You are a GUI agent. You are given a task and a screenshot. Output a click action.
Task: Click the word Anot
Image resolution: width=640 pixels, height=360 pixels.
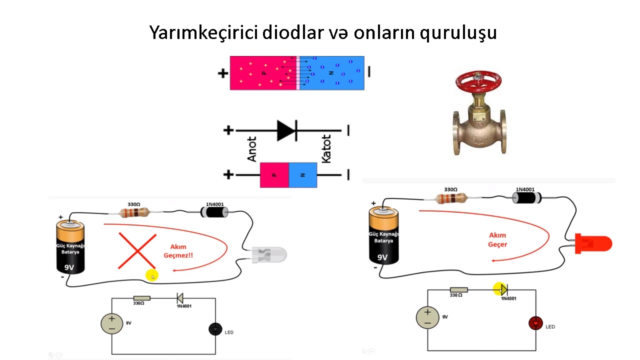coord(252,149)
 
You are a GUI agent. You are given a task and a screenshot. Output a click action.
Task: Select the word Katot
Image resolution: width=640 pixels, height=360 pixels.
coord(326,148)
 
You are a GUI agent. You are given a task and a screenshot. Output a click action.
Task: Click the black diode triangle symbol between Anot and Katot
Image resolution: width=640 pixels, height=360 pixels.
coord(286,130)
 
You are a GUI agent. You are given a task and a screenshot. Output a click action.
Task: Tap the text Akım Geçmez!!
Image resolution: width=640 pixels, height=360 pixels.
coord(178,251)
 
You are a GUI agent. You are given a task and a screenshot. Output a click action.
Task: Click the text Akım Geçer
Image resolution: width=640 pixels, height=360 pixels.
coord(497,239)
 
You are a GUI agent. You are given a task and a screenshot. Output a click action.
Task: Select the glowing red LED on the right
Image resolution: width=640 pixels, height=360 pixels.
coord(595,243)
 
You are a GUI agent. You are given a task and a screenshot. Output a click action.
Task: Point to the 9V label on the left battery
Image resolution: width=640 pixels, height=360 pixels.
coord(69,267)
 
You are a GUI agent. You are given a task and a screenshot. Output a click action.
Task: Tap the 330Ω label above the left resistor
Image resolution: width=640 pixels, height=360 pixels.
coord(133,204)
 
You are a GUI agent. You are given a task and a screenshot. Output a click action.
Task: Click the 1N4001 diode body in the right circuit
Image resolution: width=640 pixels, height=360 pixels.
coord(525,198)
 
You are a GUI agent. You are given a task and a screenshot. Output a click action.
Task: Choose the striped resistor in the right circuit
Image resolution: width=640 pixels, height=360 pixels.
coord(451,198)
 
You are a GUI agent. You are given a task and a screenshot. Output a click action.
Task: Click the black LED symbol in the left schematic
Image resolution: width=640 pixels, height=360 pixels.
coord(215,329)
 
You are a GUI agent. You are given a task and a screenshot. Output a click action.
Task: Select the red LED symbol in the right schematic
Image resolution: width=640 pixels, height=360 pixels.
coord(535,323)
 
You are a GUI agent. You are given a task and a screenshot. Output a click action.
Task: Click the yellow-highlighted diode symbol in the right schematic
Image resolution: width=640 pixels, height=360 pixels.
coord(501,289)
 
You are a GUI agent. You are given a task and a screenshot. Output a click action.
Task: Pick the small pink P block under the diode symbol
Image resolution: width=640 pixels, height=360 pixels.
coord(274,175)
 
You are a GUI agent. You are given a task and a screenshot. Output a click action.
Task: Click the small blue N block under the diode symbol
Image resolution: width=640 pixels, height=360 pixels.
coord(302,175)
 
